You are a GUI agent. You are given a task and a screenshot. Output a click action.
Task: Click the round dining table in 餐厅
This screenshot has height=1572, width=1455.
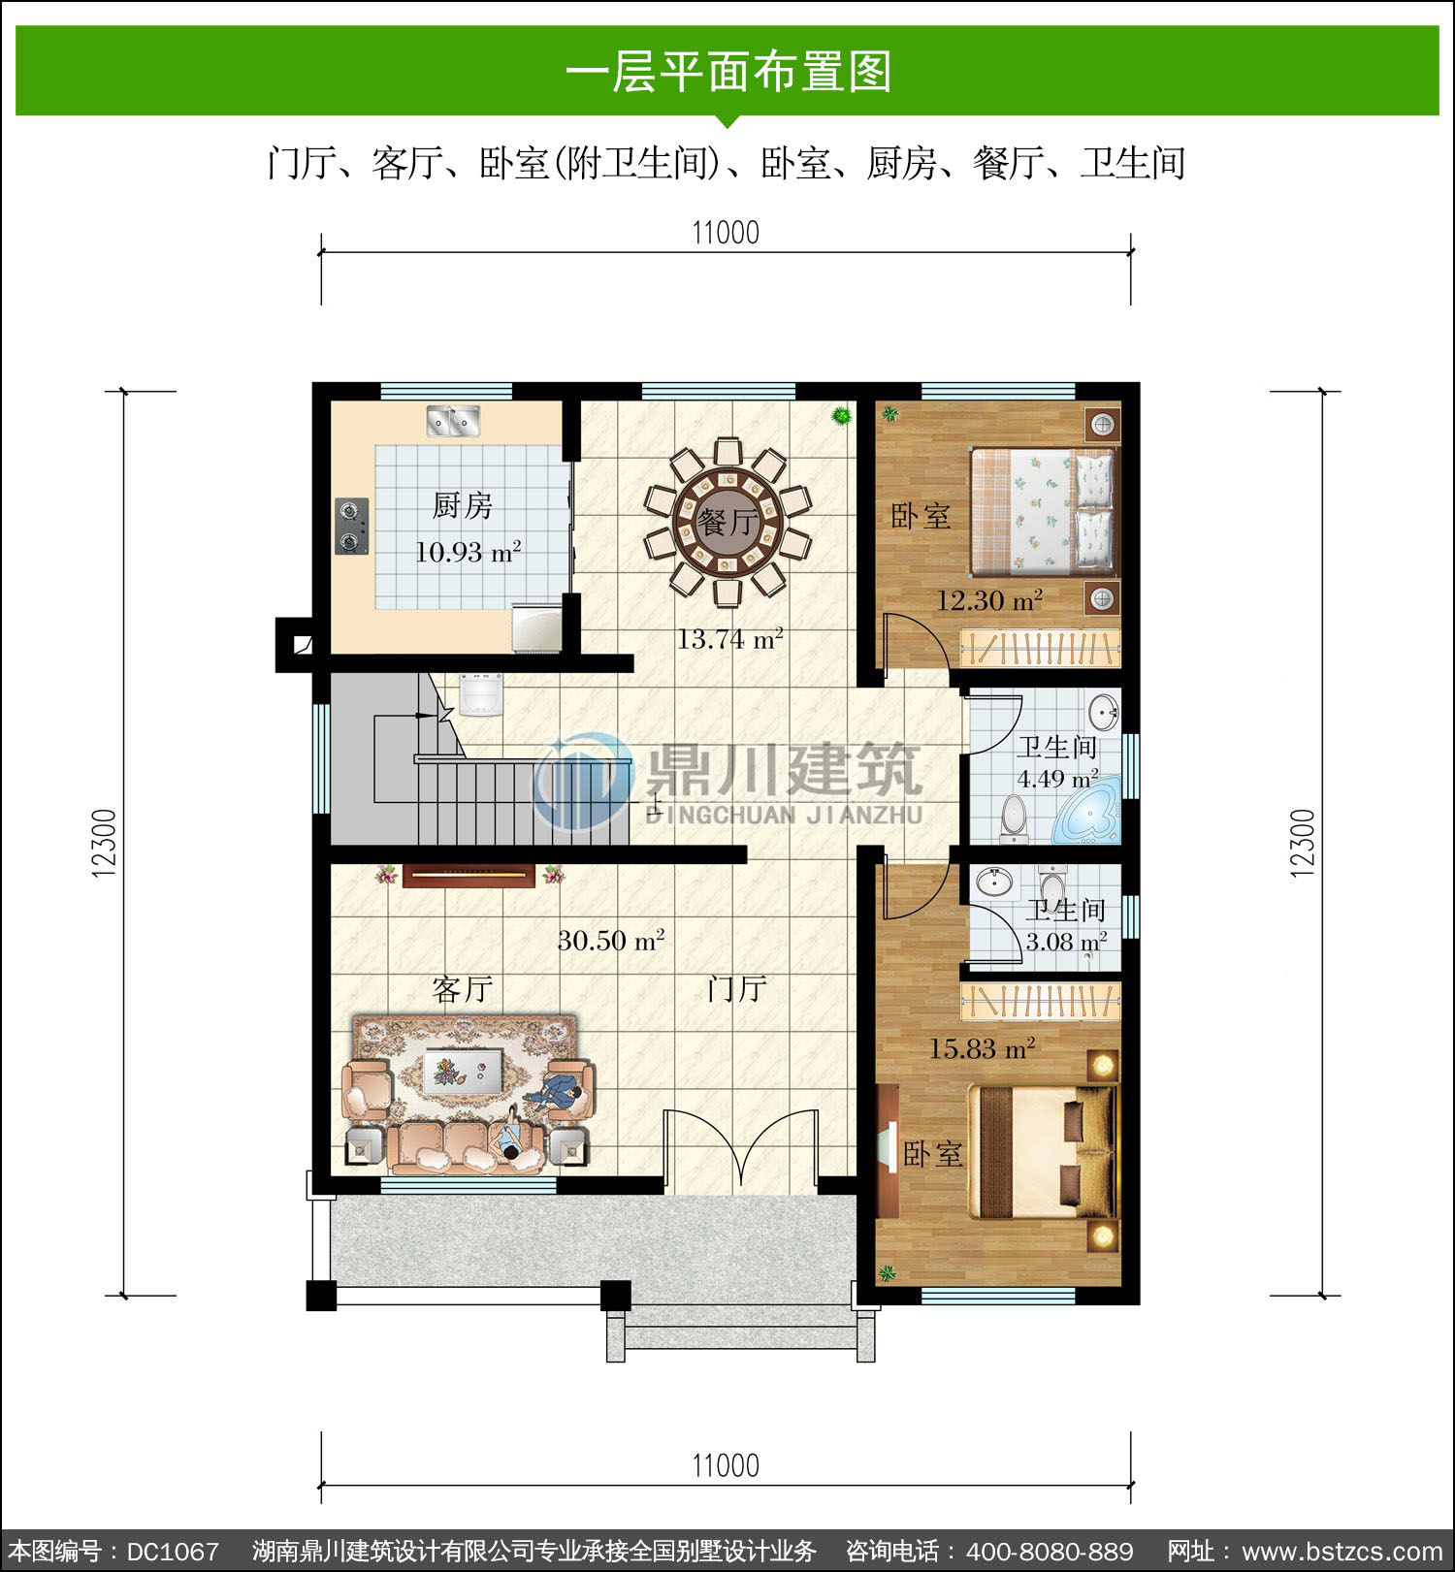tap(727, 523)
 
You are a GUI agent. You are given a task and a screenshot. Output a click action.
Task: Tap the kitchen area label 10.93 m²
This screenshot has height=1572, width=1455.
tap(469, 552)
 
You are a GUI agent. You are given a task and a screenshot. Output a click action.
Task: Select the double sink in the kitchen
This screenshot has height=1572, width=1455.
tap(453, 421)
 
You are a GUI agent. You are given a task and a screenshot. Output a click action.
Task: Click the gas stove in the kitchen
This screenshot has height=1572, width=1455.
tap(352, 527)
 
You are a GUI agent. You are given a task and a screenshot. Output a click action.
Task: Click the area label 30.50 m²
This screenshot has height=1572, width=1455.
tap(611, 940)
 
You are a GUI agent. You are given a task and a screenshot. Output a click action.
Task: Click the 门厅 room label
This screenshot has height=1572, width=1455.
tap(737, 989)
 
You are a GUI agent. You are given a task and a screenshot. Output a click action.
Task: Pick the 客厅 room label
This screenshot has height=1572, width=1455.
tap(463, 989)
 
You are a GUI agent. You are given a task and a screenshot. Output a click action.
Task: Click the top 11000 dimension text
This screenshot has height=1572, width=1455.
tap(726, 233)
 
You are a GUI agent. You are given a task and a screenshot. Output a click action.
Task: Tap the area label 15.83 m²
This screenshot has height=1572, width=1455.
tap(983, 1048)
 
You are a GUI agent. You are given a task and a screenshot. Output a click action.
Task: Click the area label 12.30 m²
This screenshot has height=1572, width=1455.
tap(989, 600)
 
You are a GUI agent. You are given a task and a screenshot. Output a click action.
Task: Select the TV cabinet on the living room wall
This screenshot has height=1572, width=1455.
tap(469, 876)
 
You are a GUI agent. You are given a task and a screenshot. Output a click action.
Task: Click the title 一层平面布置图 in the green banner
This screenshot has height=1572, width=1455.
tap(727, 72)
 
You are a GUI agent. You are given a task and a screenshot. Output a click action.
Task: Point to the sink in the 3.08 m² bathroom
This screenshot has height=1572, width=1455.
tap(993, 882)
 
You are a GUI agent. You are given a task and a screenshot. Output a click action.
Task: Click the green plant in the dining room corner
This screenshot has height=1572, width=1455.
tap(841, 416)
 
